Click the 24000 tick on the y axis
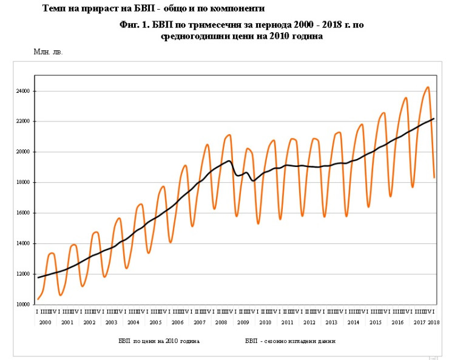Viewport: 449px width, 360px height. click(x=24, y=91)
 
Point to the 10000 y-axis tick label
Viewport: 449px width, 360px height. click(x=24, y=304)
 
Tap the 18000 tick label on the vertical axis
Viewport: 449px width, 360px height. click(x=24, y=182)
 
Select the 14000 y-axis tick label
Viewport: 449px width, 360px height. click(x=24, y=243)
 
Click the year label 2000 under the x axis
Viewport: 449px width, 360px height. click(x=45, y=322)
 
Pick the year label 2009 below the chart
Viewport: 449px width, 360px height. click(x=243, y=322)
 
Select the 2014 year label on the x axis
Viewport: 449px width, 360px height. click(x=354, y=322)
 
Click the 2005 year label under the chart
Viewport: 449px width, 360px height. click(x=155, y=322)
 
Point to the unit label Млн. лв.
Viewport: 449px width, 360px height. click(x=48, y=52)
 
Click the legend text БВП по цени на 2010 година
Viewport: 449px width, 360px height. click(x=159, y=341)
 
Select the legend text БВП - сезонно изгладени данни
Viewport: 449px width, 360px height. click(x=290, y=341)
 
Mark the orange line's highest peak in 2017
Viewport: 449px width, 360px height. click(x=428, y=87)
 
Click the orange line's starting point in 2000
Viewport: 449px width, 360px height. click(x=38, y=299)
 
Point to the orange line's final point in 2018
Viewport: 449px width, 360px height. click(x=434, y=177)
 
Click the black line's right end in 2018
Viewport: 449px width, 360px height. click(x=434, y=118)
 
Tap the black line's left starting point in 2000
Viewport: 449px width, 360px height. click(x=38, y=277)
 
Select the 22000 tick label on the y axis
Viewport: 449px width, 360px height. click(x=24, y=121)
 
